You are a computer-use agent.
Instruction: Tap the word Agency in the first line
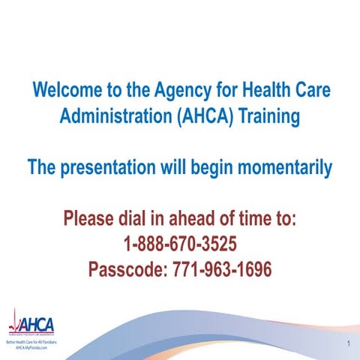tap(187, 91)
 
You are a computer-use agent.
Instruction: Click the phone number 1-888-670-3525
tap(179, 244)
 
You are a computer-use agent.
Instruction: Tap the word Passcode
tap(129, 268)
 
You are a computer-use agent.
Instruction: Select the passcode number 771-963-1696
tap(223, 268)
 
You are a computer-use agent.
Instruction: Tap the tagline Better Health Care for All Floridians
tap(31, 343)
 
